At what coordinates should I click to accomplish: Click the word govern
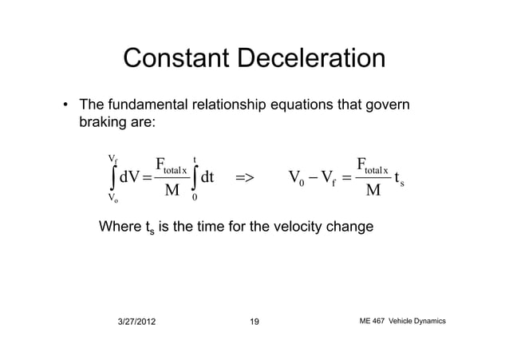click(x=393, y=107)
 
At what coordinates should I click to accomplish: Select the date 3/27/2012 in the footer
click(x=138, y=322)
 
